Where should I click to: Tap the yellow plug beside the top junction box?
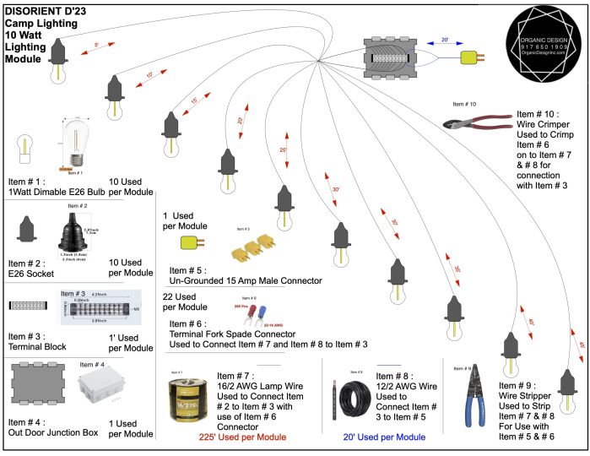[x=471, y=58]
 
